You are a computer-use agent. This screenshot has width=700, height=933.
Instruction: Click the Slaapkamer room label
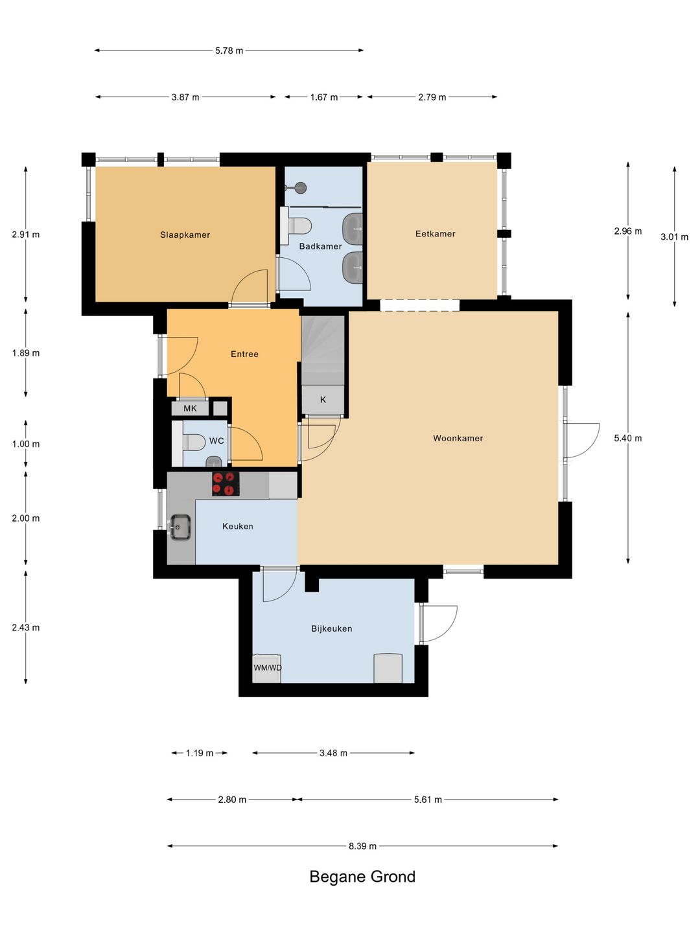185,235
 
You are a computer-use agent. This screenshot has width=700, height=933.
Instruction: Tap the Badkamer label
320,246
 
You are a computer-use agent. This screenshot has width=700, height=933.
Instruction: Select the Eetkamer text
435,233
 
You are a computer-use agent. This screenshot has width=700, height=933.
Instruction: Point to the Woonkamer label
458,438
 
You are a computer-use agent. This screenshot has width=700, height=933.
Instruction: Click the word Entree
244,354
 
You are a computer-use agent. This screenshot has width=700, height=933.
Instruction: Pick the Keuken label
238,526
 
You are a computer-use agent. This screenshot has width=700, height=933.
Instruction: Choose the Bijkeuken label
331,628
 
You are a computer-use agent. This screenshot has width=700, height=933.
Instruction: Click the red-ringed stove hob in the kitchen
226,484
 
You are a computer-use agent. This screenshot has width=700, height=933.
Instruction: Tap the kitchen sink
180,527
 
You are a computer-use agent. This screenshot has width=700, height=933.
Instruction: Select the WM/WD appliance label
267,667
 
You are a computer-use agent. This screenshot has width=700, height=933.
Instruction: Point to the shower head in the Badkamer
301,187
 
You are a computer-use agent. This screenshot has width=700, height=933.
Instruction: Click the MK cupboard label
190,408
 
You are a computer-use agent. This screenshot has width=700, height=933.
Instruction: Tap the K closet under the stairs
323,400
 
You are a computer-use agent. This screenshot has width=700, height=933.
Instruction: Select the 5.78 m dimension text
229,51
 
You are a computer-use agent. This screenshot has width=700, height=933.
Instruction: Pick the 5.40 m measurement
628,438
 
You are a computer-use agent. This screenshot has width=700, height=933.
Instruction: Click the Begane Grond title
362,876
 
